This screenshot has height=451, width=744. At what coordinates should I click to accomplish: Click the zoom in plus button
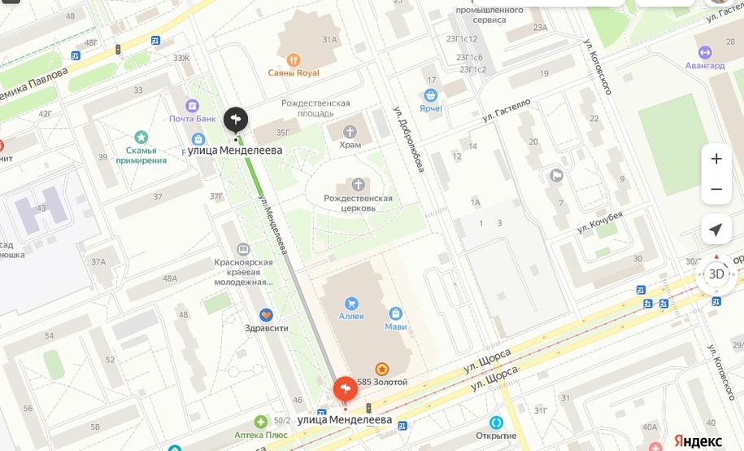pos(716,159)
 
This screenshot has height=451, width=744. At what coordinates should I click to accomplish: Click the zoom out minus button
pos(716,190)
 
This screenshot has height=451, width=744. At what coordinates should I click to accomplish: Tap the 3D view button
pos(716,274)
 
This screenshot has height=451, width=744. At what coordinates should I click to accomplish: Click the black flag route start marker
pos(236,120)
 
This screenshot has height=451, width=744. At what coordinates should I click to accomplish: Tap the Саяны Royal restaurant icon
pos(294,59)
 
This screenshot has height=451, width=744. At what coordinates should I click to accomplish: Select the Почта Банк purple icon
pos(192,105)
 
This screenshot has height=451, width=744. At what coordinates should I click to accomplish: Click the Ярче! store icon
pos(430,95)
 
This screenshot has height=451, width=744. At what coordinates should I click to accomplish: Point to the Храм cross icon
pos(350,132)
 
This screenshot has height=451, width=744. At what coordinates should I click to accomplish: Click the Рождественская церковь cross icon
pos(359,185)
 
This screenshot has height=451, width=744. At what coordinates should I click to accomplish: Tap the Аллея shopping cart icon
pos(350,302)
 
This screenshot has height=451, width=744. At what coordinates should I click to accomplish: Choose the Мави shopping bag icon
pos(395,313)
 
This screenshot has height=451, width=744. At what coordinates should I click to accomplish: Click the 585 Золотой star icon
pos(381,369)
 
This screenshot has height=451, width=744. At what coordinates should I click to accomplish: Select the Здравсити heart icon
pos(266,315)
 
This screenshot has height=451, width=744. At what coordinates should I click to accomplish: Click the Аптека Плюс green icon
pos(260,422)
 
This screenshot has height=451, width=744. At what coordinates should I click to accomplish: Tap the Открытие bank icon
pos(496,423)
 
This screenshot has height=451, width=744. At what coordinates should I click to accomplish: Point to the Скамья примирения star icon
pos(141,137)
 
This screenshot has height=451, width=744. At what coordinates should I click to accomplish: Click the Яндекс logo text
pos(698,440)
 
